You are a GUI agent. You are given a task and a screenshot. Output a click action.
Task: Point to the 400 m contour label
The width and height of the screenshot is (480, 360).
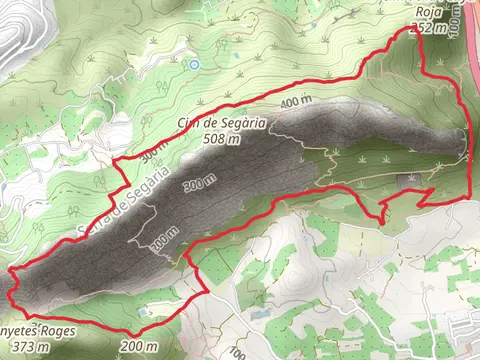[x=295, y=103]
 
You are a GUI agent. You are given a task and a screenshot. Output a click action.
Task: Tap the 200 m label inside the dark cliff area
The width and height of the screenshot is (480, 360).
[x=164, y=242]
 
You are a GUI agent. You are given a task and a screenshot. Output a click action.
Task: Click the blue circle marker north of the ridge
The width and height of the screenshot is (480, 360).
[x=194, y=64]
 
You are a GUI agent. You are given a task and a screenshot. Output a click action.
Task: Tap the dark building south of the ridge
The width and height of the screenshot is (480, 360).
[x=410, y=179]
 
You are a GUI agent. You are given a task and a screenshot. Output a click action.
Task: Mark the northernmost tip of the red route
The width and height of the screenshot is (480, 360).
[x=415, y=31]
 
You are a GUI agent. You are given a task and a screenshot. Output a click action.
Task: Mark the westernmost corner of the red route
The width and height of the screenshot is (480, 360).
[x=9, y=271]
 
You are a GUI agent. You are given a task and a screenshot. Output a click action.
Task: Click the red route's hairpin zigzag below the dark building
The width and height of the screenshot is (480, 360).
[x=384, y=209]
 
